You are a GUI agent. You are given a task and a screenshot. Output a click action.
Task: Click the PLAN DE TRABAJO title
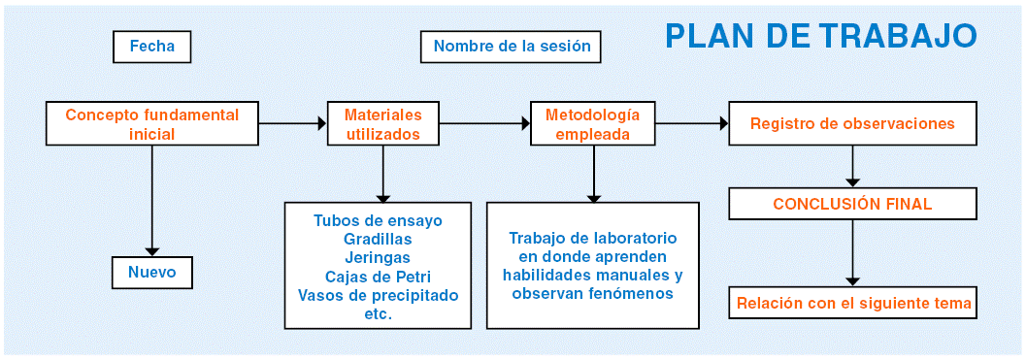click(821, 36)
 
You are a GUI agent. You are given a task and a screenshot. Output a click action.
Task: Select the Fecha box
click(151, 48)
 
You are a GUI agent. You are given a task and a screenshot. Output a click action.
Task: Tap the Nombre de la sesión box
click(512, 48)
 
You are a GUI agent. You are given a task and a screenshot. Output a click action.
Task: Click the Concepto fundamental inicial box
click(151, 123)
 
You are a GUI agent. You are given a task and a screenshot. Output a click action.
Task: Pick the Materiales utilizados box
click(382, 123)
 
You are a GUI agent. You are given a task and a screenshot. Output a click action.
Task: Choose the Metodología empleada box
click(593, 123)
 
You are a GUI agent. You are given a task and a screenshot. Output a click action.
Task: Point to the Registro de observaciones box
click(852, 123)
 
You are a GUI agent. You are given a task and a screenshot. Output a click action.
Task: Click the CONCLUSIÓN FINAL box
click(852, 204)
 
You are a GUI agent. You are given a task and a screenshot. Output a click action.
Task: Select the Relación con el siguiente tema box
click(852, 304)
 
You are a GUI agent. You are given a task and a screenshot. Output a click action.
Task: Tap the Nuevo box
click(151, 272)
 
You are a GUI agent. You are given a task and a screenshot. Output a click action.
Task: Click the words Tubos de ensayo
click(379, 220)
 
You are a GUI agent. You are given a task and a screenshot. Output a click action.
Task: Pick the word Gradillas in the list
click(379, 239)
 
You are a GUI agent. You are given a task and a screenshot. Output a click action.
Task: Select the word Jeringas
click(379, 257)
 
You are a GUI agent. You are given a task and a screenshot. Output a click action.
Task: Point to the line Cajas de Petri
click(379, 276)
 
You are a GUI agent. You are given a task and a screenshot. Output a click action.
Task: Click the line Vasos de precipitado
click(379, 295)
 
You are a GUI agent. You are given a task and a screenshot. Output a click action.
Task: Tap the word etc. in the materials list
click(379, 313)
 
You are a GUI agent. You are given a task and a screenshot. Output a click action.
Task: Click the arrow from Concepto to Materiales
click(292, 123)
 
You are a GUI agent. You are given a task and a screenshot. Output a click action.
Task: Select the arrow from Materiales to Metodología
click(484, 123)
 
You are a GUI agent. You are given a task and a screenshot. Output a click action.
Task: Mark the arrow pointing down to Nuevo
click(151, 200)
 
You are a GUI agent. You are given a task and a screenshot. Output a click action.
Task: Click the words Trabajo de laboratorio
click(593, 238)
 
